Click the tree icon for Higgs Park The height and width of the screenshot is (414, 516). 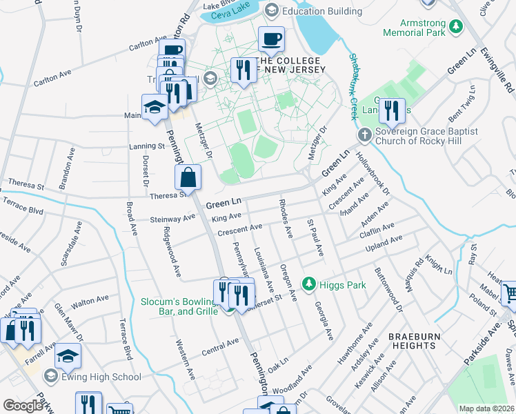[310, 284]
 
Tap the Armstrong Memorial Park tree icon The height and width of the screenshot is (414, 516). [455, 27]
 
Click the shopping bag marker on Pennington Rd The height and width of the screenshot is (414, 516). [188, 178]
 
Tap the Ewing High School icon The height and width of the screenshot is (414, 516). [50, 377]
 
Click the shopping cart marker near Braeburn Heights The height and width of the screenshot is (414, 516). [510, 293]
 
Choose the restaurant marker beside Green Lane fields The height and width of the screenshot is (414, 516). [392, 110]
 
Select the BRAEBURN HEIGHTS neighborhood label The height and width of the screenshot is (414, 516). [413, 335]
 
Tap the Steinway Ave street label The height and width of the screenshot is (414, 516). [172, 219]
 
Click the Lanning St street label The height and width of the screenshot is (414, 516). [147, 146]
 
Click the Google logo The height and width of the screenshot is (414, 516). [23, 406]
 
